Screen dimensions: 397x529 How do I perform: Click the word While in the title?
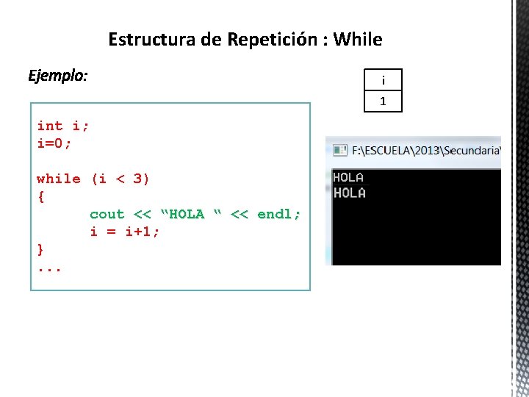pos(358,39)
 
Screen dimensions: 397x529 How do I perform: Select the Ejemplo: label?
pos(57,76)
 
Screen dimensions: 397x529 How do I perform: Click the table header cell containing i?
pos(383,79)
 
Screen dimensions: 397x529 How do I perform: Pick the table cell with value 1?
pos(383,101)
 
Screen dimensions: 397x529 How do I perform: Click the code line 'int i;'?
pos(63,126)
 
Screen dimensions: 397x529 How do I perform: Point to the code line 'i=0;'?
pos(54,143)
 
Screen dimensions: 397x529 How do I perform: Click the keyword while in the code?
pos(59,179)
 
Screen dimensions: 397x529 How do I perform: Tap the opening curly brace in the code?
pos(40,196)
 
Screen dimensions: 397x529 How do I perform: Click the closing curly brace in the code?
pos(40,249)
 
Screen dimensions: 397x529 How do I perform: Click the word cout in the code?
pos(107,214)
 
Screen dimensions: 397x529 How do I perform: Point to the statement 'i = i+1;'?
pos(125,232)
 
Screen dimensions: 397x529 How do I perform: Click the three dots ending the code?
pos(49,268)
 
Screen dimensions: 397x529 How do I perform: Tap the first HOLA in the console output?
pos(348,177)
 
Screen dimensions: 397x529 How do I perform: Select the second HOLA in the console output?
pos(349,193)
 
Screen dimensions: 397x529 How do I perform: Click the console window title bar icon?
pos(340,150)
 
